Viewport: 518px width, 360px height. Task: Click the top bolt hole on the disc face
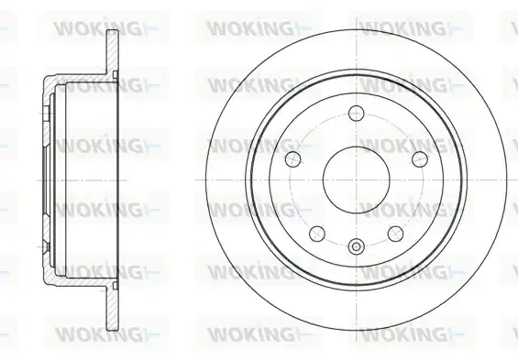coord(357,113)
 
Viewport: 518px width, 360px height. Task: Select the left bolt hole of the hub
coord(293,159)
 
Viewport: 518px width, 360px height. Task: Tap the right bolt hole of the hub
coord(420,159)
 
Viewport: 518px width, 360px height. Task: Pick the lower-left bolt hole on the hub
coord(317,234)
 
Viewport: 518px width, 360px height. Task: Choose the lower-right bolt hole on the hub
coord(396,234)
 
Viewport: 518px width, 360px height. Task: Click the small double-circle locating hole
coord(357,246)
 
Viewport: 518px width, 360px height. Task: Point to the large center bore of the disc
coord(357,180)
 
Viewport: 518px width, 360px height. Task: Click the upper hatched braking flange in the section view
coord(113,53)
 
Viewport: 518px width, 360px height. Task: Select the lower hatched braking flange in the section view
coord(113,307)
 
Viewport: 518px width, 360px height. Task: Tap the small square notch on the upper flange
coord(116,74)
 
